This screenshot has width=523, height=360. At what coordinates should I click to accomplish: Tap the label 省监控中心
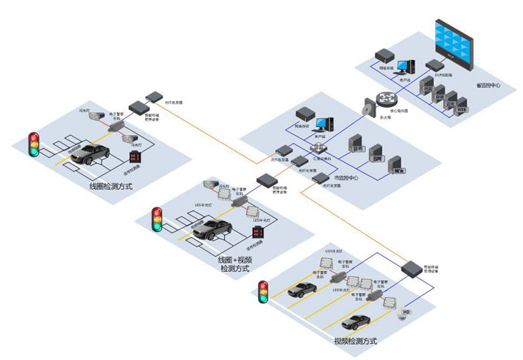tap(487, 85)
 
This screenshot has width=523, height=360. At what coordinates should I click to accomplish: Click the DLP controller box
tap(435, 66)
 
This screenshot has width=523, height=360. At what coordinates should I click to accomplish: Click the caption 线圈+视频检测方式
tap(235, 264)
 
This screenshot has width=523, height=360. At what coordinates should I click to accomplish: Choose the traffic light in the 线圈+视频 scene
tap(157, 218)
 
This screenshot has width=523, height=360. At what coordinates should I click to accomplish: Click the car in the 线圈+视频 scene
tap(212, 229)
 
